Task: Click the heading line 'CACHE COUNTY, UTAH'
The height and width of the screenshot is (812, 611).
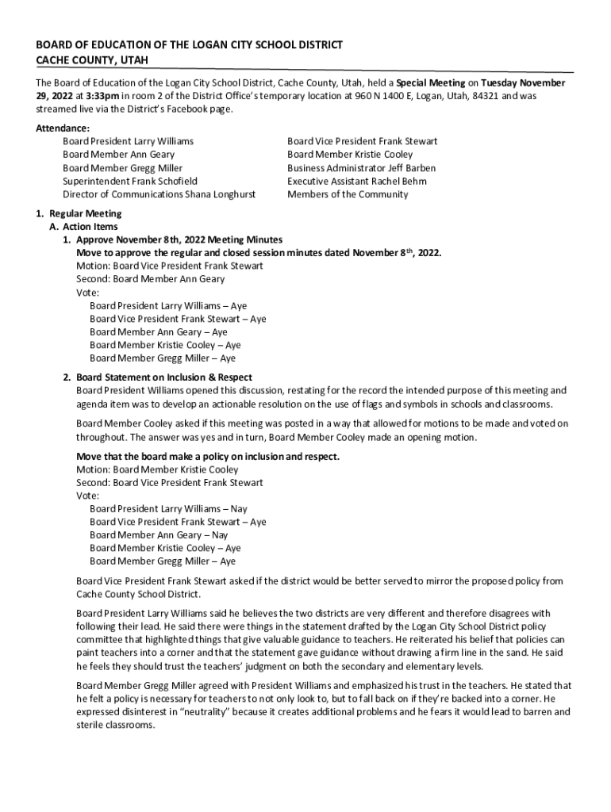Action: [92, 61]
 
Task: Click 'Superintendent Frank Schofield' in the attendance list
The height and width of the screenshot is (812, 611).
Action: [130, 182]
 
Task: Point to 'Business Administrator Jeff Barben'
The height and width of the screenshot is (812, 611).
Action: [361, 168]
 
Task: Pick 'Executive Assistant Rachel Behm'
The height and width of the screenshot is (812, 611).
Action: [357, 182]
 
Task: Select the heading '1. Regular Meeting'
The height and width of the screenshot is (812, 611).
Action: [78, 214]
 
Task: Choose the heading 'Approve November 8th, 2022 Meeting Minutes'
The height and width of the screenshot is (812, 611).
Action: [179, 240]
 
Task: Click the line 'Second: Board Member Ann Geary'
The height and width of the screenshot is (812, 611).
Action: [150, 279]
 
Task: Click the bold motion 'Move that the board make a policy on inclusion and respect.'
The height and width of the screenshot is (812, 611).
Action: [208, 457]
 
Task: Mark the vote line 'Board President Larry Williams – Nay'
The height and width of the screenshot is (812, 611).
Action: [168, 509]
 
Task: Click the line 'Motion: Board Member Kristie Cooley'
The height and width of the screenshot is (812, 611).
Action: [157, 469]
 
